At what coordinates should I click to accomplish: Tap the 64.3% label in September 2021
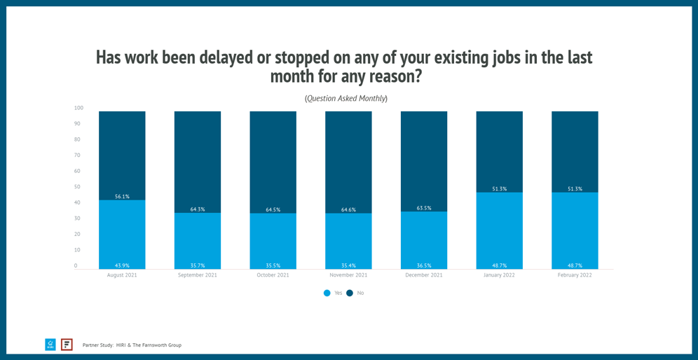click(x=198, y=209)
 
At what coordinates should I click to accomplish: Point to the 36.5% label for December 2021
click(x=424, y=265)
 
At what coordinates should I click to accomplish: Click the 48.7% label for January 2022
click(x=499, y=265)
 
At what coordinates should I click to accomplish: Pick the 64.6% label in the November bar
click(x=348, y=209)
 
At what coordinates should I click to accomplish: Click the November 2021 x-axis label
click(x=348, y=275)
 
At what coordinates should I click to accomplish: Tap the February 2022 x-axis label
click(x=575, y=275)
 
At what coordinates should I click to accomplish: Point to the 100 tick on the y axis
click(x=78, y=108)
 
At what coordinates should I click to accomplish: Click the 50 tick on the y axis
click(x=77, y=187)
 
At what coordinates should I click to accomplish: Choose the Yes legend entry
click(x=333, y=293)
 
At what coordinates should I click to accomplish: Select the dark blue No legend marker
click(x=350, y=293)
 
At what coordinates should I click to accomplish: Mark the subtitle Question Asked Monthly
click(x=346, y=98)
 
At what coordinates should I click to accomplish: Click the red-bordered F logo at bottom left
click(x=67, y=345)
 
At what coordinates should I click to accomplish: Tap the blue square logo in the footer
click(x=50, y=345)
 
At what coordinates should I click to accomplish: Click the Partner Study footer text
click(x=132, y=345)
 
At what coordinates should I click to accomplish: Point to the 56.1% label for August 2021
click(x=122, y=197)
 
